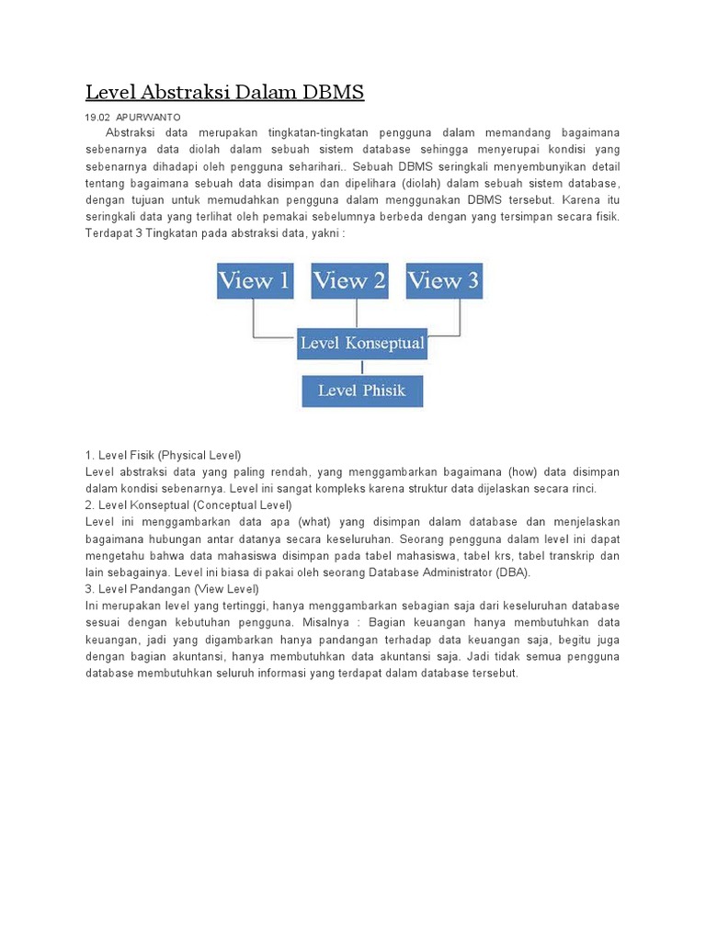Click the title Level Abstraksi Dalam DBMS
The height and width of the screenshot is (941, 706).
tap(224, 93)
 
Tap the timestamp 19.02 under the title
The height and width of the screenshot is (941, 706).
tap(97, 118)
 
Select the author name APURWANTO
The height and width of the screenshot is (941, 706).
tap(148, 118)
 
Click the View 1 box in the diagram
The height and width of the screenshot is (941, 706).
tap(255, 281)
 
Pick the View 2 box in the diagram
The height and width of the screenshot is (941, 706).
tap(349, 281)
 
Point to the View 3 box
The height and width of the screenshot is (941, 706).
tap(444, 281)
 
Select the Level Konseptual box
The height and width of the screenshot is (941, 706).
tap(362, 344)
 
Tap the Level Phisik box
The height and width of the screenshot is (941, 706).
tap(362, 391)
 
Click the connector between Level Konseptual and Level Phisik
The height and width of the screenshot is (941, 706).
tap(362, 367)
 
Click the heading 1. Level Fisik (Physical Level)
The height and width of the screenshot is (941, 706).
tap(163, 455)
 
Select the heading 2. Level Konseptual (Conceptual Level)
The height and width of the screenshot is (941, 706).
tap(188, 505)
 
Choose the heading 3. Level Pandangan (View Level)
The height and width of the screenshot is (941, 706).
tap(172, 588)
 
